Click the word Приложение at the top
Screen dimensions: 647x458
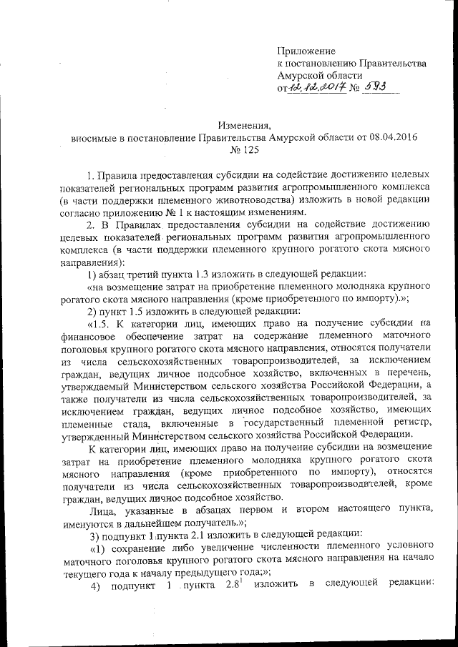click(306, 51)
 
